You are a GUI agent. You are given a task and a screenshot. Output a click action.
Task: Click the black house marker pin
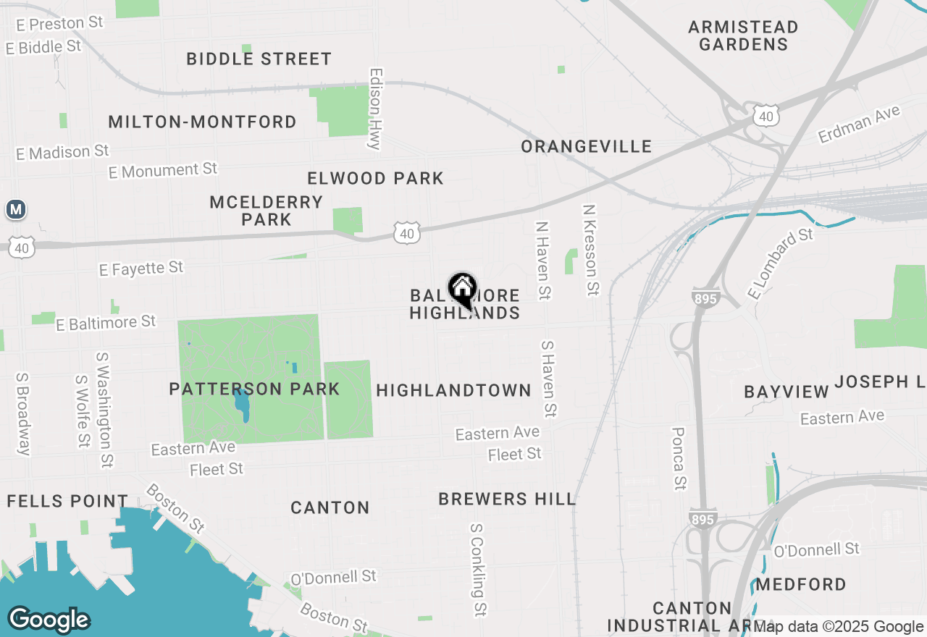point(462,290)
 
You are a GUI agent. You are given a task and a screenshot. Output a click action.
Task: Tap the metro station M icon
point(16,210)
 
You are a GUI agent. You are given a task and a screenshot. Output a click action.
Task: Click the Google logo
point(49,620)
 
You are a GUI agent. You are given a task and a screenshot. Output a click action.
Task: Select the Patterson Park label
point(254,389)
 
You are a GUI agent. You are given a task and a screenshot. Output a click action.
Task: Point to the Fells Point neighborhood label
point(67,501)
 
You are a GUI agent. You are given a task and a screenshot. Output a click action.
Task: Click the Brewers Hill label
point(507,499)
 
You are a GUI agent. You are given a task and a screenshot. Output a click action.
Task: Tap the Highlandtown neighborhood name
point(454,390)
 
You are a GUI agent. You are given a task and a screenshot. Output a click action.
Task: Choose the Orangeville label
point(587,147)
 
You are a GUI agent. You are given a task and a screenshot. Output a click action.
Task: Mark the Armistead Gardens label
point(743,35)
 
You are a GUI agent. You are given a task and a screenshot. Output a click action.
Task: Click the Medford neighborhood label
point(801,584)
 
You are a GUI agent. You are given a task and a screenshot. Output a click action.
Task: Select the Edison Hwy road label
point(375,109)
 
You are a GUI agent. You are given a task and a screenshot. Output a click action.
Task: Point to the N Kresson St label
point(591,249)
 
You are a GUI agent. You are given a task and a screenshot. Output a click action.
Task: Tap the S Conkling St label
point(477,570)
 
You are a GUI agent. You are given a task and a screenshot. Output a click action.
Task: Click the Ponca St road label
point(679,457)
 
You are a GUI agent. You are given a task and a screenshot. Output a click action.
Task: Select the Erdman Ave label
point(859,124)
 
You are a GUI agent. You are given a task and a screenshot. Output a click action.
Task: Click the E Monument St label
point(163,170)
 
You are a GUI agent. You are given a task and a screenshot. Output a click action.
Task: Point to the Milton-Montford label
point(202,122)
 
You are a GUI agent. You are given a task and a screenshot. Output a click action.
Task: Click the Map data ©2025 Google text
point(838,626)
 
